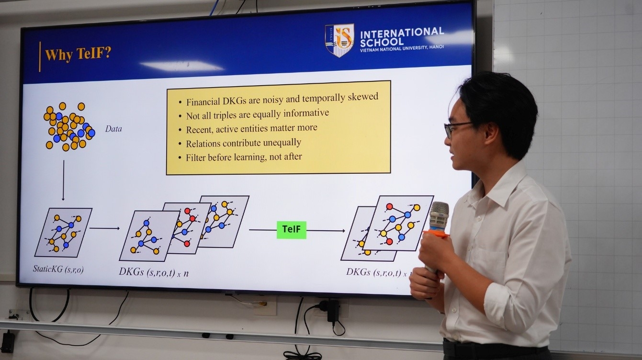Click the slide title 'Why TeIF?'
click(x=78, y=54)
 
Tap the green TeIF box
click(x=291, y=230)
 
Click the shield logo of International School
click(x=339, y=40)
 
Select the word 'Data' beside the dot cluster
click(x=113, y=129)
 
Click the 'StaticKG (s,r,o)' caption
click(x=58, y=269)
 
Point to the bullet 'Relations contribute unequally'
click(x=243, y=143)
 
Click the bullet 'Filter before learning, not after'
click(x=244, y=157)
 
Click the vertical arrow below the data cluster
click(x=63, y=180)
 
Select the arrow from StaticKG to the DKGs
click(x=105, y=228)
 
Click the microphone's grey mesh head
click(x=439, y=216)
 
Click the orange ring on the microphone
click(x=435, y=234)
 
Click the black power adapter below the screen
click(x=333, y=311)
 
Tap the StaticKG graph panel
click(x=63, y=233)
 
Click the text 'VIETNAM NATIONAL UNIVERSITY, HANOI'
click(x=402, y=48)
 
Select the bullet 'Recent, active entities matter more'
click(x=252, y=129)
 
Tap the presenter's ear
click(x=490, y=134)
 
